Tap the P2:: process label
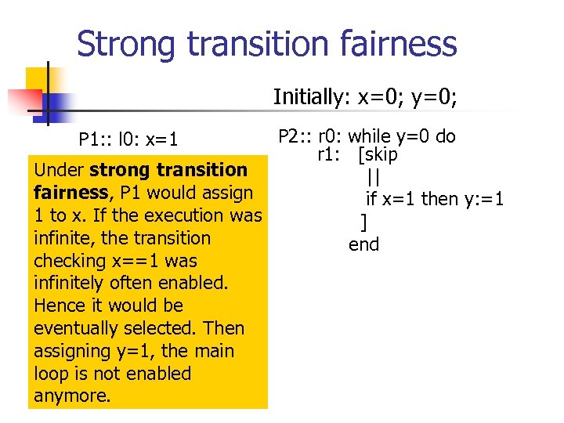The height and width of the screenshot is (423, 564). [295, 136]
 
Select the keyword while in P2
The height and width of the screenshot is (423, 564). [370, 136]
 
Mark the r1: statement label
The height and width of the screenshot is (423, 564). [330, 154]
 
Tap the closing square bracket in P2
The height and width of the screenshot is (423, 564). [363, 222]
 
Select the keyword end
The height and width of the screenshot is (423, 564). [364, 244]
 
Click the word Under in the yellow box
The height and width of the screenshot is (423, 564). [60, 170]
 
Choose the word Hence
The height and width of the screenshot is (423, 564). [58, 305]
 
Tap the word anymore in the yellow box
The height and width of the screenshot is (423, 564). [72, 396]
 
